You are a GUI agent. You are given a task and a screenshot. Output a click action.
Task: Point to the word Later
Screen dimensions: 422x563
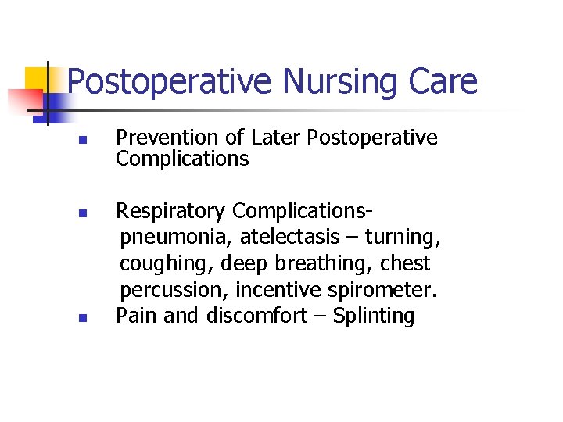coord(275,138)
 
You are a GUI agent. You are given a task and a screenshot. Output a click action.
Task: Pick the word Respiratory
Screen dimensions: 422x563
coord(171,211)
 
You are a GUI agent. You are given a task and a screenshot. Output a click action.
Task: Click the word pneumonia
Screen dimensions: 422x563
coord(177,237)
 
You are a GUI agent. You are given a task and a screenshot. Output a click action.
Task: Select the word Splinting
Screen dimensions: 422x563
coord(374,316)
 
